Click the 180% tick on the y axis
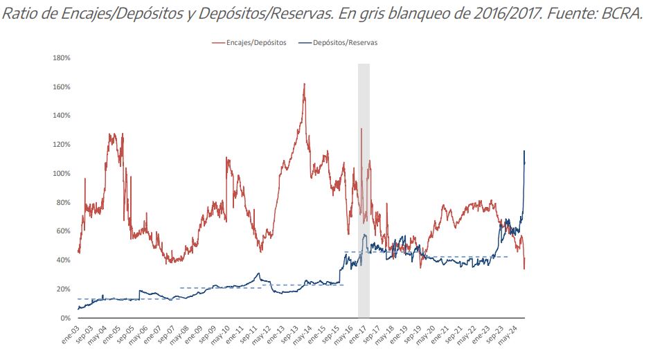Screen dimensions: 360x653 (x=61, y=58)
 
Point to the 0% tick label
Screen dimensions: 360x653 (x=64, y=318)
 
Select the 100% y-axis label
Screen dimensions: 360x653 (x=61, y=174)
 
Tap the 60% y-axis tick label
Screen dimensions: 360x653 (x=63, y=231)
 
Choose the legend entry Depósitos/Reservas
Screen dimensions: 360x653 (x=345, y=43)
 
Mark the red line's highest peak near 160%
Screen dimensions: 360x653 (x=304, y=84)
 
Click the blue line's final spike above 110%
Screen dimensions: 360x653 (x=524, y=151)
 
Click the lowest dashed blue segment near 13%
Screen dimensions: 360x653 (x=111, y=299)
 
